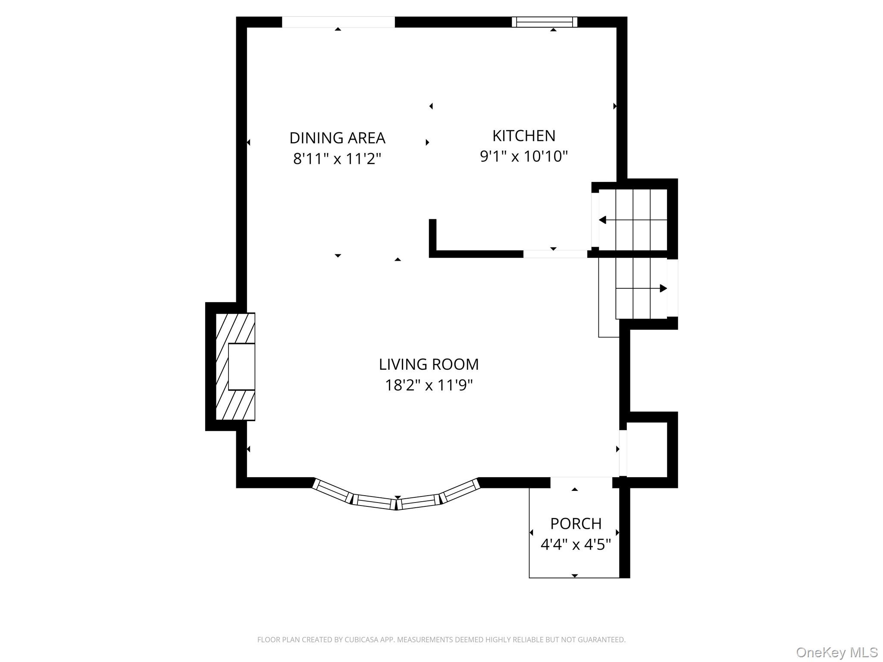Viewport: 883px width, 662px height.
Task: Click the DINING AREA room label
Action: [337, 138]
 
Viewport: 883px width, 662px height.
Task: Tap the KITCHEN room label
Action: [524, 136]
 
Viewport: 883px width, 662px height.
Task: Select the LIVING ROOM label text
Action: [429, 364]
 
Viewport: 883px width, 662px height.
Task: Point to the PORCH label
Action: [576, 524]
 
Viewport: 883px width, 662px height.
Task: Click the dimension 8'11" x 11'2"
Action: [337, 159]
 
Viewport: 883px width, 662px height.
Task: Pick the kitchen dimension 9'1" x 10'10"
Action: [524, 156]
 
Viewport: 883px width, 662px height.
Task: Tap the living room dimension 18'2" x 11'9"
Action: [429, 385]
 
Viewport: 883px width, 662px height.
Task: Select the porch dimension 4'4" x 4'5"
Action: [576, 545]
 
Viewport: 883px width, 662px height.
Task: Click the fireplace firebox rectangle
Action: [241, 367]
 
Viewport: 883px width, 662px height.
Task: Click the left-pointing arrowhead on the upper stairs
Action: [602, 220]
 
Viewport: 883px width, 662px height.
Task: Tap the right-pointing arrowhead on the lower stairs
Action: [664, 288]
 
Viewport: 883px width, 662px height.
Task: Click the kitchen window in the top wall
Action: [545, 22]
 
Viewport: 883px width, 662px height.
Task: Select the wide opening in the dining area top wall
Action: [338, 22]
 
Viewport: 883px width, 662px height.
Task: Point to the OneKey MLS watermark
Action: [837, 653]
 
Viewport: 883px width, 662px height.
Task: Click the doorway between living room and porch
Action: [581, 482]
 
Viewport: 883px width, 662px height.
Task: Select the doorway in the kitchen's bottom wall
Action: [555, 254]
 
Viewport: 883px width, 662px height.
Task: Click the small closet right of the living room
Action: [647, 450]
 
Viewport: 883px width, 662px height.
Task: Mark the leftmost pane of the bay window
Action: [333, 491]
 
